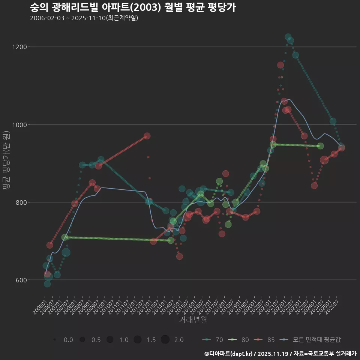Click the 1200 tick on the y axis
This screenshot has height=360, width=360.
pos(19,47)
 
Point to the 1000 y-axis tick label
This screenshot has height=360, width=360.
pos(19,124)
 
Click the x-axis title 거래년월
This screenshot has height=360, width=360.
pos(193,320)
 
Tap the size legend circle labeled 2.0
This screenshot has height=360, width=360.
pos(165,340)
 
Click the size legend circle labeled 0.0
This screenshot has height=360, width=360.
pos(55,340)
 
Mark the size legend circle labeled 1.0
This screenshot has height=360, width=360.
pos(110,340)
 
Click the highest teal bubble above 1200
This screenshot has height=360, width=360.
pos(288,37)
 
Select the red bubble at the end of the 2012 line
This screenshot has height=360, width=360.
pos(147,136)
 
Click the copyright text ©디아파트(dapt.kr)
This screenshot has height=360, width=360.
pos(228,354)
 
